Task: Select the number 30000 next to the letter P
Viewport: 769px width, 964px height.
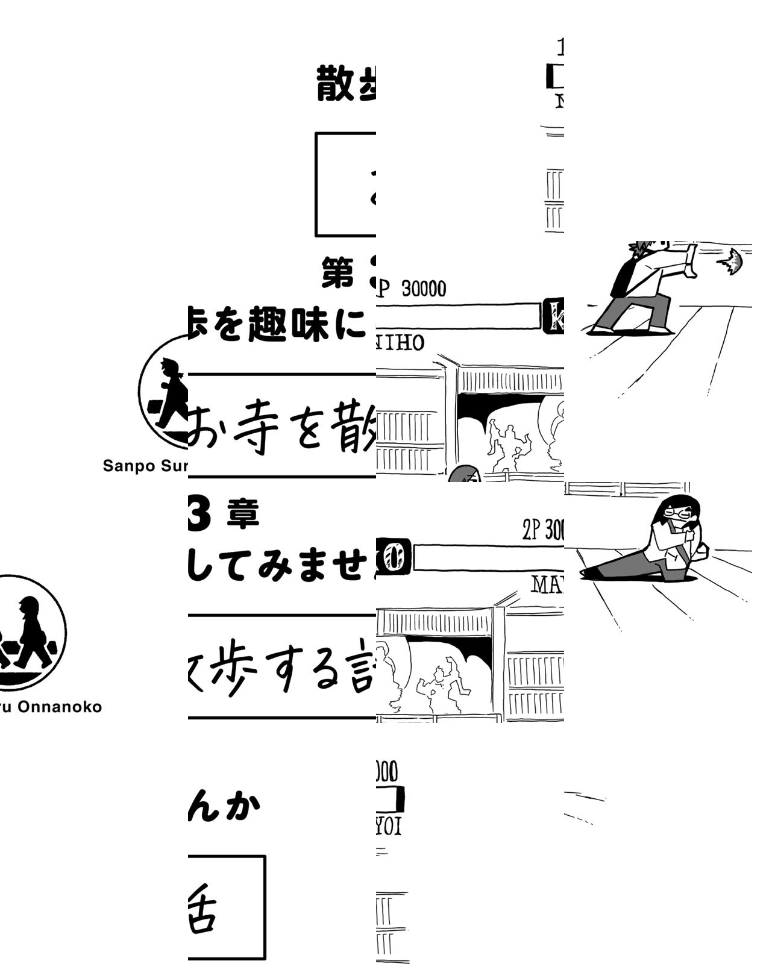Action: tap(424, 289)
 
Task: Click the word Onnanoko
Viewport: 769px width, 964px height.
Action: tap(59, 706)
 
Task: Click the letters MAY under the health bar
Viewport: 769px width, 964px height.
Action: tap(547, 583)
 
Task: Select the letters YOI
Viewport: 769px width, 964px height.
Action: tap(388, 827)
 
